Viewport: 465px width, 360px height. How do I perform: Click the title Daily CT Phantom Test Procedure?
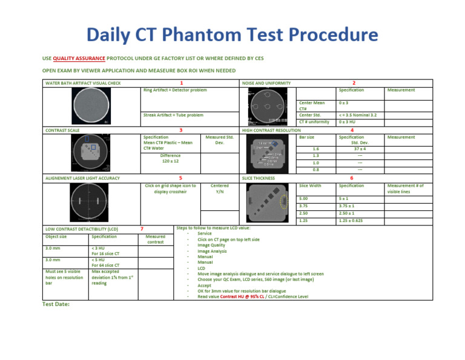232,34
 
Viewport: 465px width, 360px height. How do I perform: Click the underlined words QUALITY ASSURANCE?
79,58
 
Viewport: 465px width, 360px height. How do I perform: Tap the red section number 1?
182,83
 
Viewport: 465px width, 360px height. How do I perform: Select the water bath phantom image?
91,105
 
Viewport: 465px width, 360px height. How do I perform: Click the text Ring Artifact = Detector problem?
175,90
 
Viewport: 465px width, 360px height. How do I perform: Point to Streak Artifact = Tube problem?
173,115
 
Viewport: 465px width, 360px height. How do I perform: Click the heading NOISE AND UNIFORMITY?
266,83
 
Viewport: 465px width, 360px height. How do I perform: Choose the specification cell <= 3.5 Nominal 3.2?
358,115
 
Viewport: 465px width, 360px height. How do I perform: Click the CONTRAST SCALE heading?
61,130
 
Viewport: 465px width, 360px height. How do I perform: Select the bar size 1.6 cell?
315,148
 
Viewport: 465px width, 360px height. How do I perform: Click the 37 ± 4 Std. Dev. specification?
360,148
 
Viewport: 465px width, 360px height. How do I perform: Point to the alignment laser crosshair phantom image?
91,201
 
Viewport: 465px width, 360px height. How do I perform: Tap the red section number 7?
141,229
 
